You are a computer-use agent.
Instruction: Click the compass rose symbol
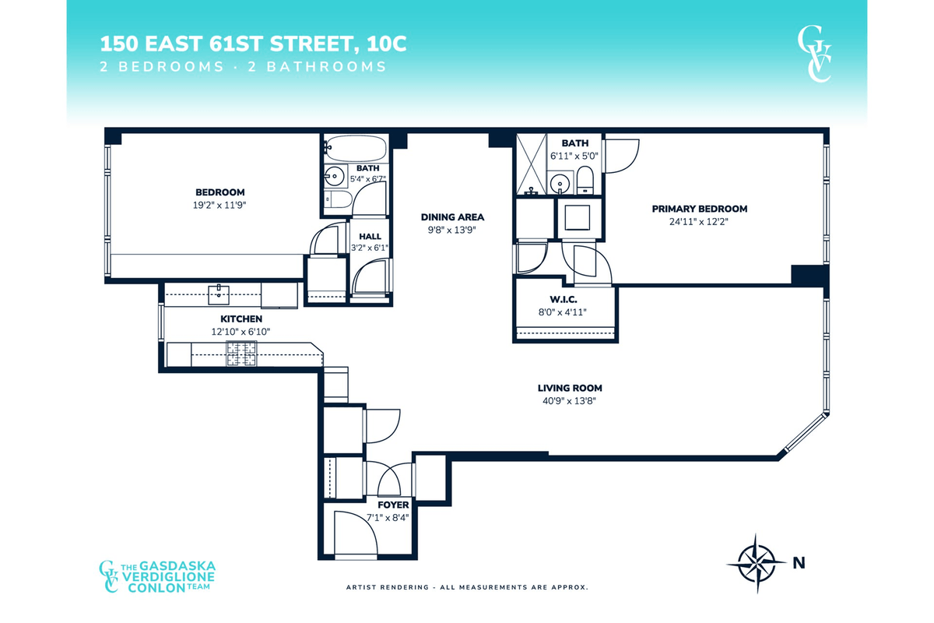pos(757,563)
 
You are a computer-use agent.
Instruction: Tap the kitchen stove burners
pos(241,354)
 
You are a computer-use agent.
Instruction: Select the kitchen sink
pos(219,294)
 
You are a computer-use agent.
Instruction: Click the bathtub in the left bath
pos(356,148)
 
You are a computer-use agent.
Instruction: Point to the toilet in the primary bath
pos(585,180)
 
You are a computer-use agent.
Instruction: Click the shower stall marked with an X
pos(531,164)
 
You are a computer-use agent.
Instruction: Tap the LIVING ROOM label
pos(570,388)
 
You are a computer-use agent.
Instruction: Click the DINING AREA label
pos(452,217)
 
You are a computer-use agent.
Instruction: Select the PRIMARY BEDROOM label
pos(699,209)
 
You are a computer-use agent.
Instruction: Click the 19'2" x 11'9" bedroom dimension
pos(219,206)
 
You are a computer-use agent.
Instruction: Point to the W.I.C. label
pos(564,299)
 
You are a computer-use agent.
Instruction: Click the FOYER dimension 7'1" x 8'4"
pos(388,518)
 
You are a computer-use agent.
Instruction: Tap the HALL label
pos(370,237)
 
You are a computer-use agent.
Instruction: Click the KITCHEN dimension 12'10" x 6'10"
pos(241,332)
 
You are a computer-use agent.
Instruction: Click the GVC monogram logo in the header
pos(814,54)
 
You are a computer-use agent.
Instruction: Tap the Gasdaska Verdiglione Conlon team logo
pos(156,577)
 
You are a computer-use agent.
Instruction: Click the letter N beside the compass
pos(799,563)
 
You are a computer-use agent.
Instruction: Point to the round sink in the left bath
pos(335,176)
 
